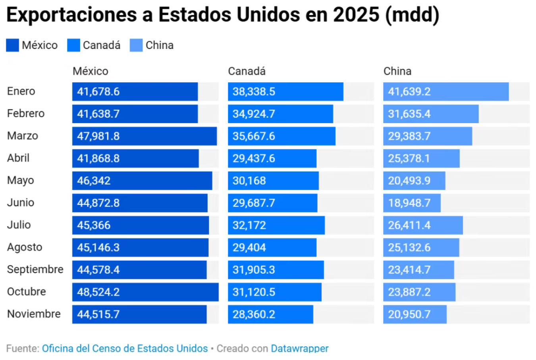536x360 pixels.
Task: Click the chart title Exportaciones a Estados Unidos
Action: [x=222, y=15]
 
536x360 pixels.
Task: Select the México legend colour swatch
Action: [x=12, y=45]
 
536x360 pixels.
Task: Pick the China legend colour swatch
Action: [x=136, y=45]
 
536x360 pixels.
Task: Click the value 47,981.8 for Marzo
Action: [x=98, y=136]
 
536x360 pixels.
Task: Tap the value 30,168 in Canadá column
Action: [x=249, y=181]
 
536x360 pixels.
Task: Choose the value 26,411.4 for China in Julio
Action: [x=409, y=225]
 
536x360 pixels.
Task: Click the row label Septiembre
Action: [x=35, y=269]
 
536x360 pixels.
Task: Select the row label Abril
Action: [x=18, y=158]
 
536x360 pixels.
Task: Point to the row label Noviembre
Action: [x=34, y=314]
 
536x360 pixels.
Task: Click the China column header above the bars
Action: [x=397, y=71]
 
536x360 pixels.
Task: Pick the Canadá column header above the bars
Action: [x=247, y=71]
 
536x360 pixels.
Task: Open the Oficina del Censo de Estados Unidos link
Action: [x=125, y=348]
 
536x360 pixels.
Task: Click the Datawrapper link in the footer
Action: [x=299, y=348]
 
